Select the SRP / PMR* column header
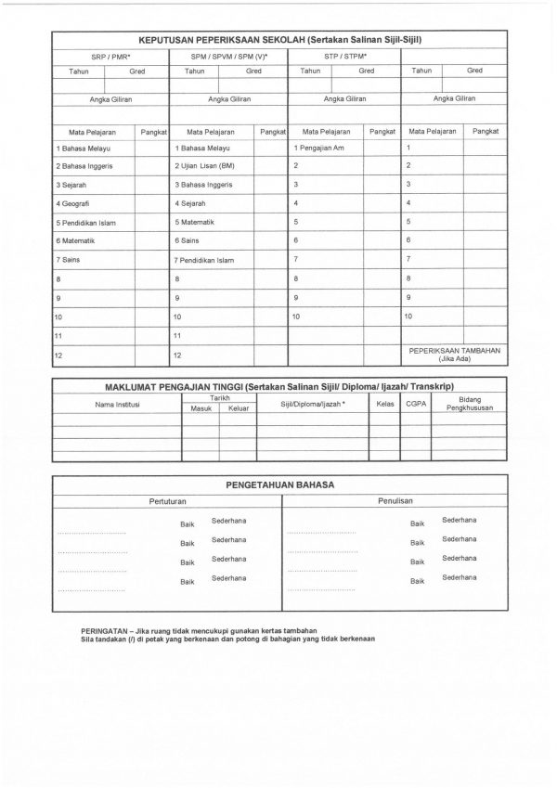click(x=110, y=57)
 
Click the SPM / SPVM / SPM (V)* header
click(x=228, y=57)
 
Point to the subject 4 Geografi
click(x=73, y=202)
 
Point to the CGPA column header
click(x=416, y=404)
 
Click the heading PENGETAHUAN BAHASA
click(x=279, y=484)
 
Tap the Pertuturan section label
click(x=167, y=500)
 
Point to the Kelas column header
click(x=384, y=404)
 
